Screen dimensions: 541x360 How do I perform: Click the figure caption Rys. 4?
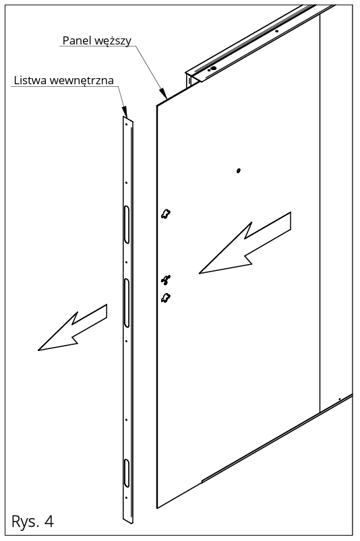tap(32, 520)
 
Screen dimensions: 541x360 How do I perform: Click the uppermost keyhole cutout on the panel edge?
tap(166, 214)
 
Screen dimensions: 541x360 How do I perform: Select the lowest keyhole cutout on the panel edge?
tap(166, 298)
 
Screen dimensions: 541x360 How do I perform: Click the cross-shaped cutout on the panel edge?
tap(166, 280)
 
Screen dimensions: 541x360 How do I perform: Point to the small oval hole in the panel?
tap(238, 171)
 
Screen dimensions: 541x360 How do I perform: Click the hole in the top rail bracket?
tap(212, 69)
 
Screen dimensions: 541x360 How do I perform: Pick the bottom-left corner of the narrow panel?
tap(157, 507)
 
